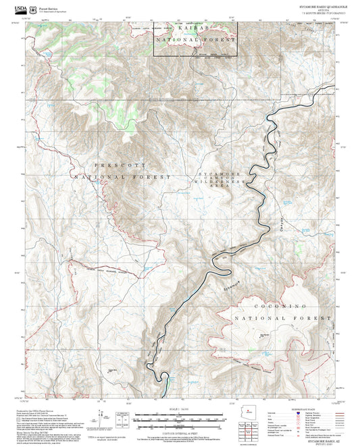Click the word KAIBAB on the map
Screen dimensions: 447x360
pos(195,29)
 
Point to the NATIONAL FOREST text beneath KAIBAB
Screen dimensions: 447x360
pos(195,41)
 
